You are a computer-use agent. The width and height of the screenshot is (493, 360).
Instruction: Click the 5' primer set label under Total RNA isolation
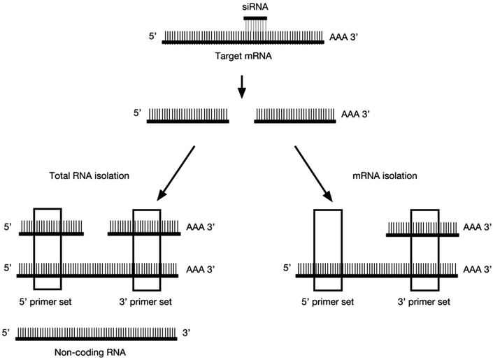pos(46,301)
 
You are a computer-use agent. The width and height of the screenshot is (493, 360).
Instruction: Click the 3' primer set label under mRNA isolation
pos(424,301)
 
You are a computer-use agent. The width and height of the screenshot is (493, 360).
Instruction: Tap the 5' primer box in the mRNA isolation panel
pos(327,250)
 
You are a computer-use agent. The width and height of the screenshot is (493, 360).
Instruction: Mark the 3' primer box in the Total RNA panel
pos(147,250)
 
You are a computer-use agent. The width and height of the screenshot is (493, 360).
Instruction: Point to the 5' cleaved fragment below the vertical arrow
pos(187,121)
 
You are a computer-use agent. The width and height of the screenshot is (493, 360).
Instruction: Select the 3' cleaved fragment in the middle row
pos(294,121)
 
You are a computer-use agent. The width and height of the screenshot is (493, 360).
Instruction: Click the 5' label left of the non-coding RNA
pos(8,333)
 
